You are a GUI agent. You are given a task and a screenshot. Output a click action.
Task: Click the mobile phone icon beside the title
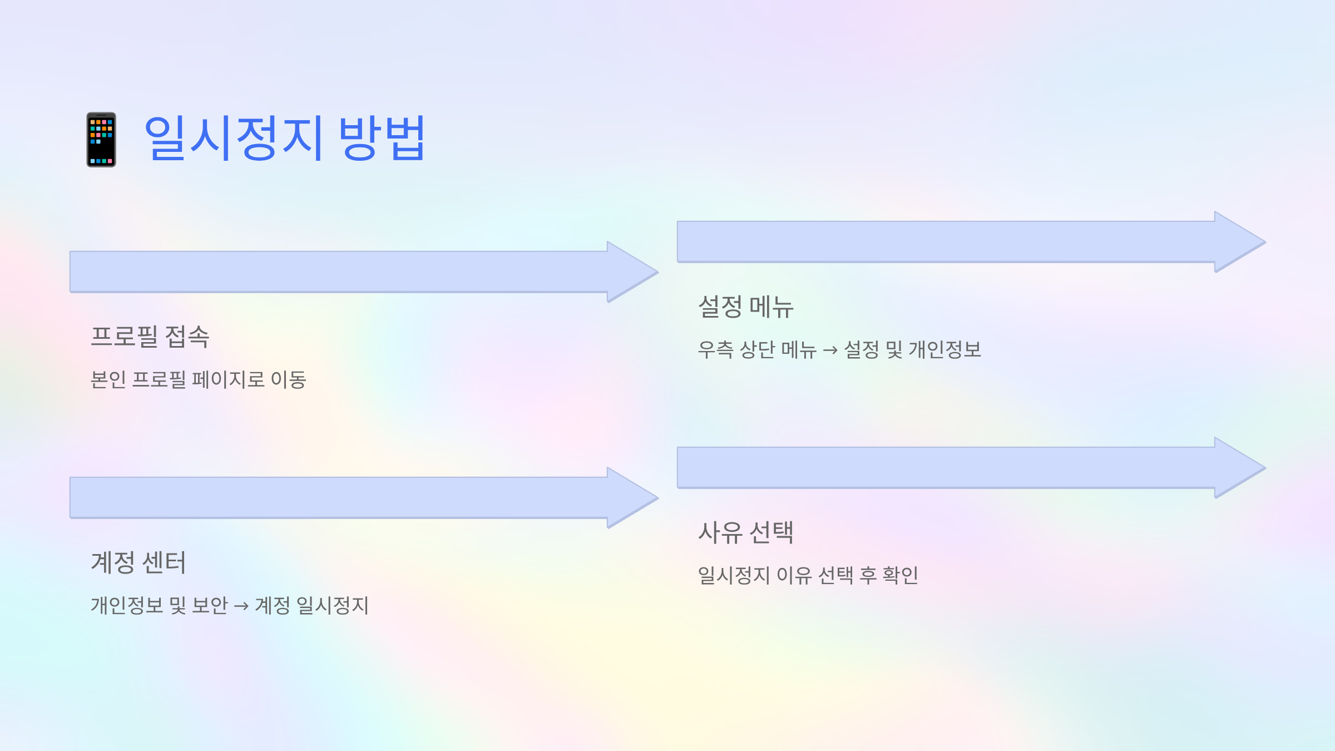point(101,140)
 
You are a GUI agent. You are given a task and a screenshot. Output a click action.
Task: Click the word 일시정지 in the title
point(234,139)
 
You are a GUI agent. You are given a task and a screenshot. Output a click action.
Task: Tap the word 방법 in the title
point(382,139)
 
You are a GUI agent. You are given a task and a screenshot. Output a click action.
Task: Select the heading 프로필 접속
point(150,337)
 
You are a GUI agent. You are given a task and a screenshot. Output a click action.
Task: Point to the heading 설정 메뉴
point(746,307)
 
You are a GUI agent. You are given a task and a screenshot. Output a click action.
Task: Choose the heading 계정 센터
point(139,562)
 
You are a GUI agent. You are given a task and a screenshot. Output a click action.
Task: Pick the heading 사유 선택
point(746,532)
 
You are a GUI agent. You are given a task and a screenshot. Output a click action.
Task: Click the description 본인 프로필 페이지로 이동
point(199,380)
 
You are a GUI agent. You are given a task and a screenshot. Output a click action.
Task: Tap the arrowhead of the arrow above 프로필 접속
point(631,272)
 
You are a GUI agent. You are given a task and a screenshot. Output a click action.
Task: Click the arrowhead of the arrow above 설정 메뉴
point(1239,242)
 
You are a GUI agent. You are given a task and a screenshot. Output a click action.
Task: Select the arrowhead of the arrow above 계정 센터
point(631,498)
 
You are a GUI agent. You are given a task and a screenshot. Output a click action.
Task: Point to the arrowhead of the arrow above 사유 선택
point(1239,468)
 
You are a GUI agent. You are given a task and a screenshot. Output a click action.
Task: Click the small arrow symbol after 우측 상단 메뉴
point(830,350)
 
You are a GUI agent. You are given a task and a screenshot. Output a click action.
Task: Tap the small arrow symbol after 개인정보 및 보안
point(241,606)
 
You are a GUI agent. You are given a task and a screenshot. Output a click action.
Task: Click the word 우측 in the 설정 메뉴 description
point(716,350)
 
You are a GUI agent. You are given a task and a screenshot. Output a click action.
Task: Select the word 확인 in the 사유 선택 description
point(901,575)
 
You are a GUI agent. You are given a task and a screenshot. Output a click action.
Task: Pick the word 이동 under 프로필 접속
point(289,380)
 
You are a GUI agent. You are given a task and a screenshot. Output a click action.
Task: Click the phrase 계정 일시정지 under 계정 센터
point(312,606)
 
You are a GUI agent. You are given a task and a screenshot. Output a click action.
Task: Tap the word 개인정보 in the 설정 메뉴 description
point(945,350)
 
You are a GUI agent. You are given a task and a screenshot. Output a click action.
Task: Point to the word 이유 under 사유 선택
point(794,575)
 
